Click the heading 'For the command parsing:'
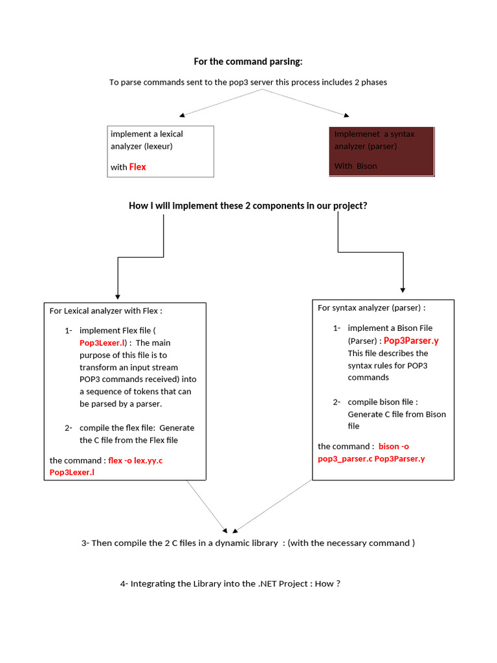click(x=248, y=62)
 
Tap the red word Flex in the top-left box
click(x=137, y=167)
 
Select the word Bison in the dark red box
click(x=366, y=166)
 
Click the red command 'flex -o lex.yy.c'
click(x=135, y=460)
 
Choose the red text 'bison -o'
click(x=393, y=446)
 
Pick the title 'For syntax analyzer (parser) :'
click(x=371, y=308)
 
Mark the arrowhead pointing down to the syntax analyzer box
click(x=403, y=289)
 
